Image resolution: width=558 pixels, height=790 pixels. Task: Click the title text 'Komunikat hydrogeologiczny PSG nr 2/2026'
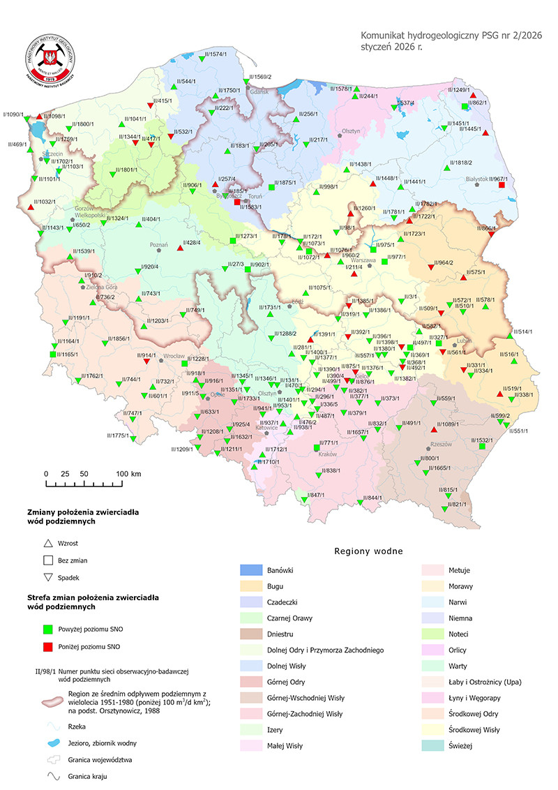[451, 35]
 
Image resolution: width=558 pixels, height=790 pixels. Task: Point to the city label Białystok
[476, 179]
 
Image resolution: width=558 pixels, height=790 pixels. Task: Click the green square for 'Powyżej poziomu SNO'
[47, 628]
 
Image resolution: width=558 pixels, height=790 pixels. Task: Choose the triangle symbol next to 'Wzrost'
[47, 543]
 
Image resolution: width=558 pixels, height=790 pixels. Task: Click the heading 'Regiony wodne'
[369, 551]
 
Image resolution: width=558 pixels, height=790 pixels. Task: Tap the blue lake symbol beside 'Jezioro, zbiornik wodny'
[47, 734]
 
